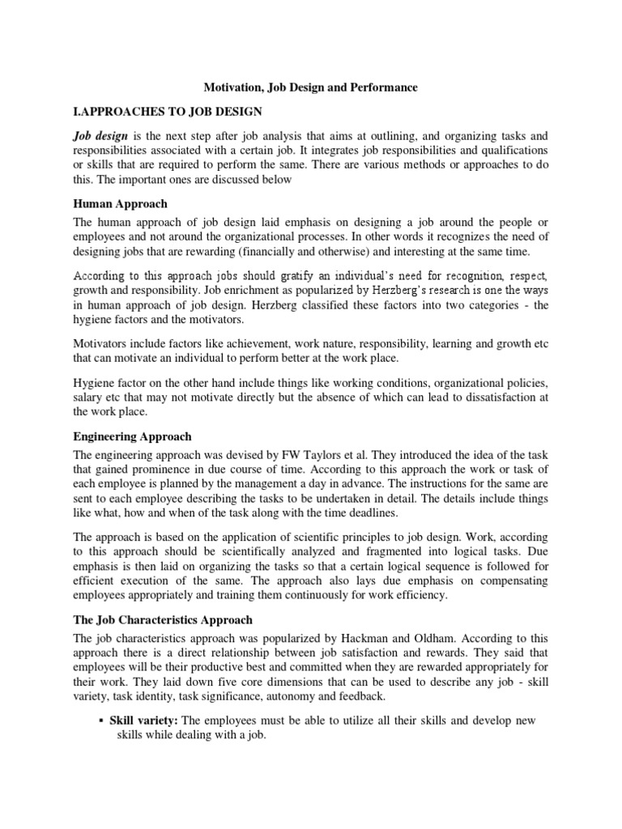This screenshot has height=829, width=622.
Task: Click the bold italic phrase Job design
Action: click(x=101, y=136)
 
